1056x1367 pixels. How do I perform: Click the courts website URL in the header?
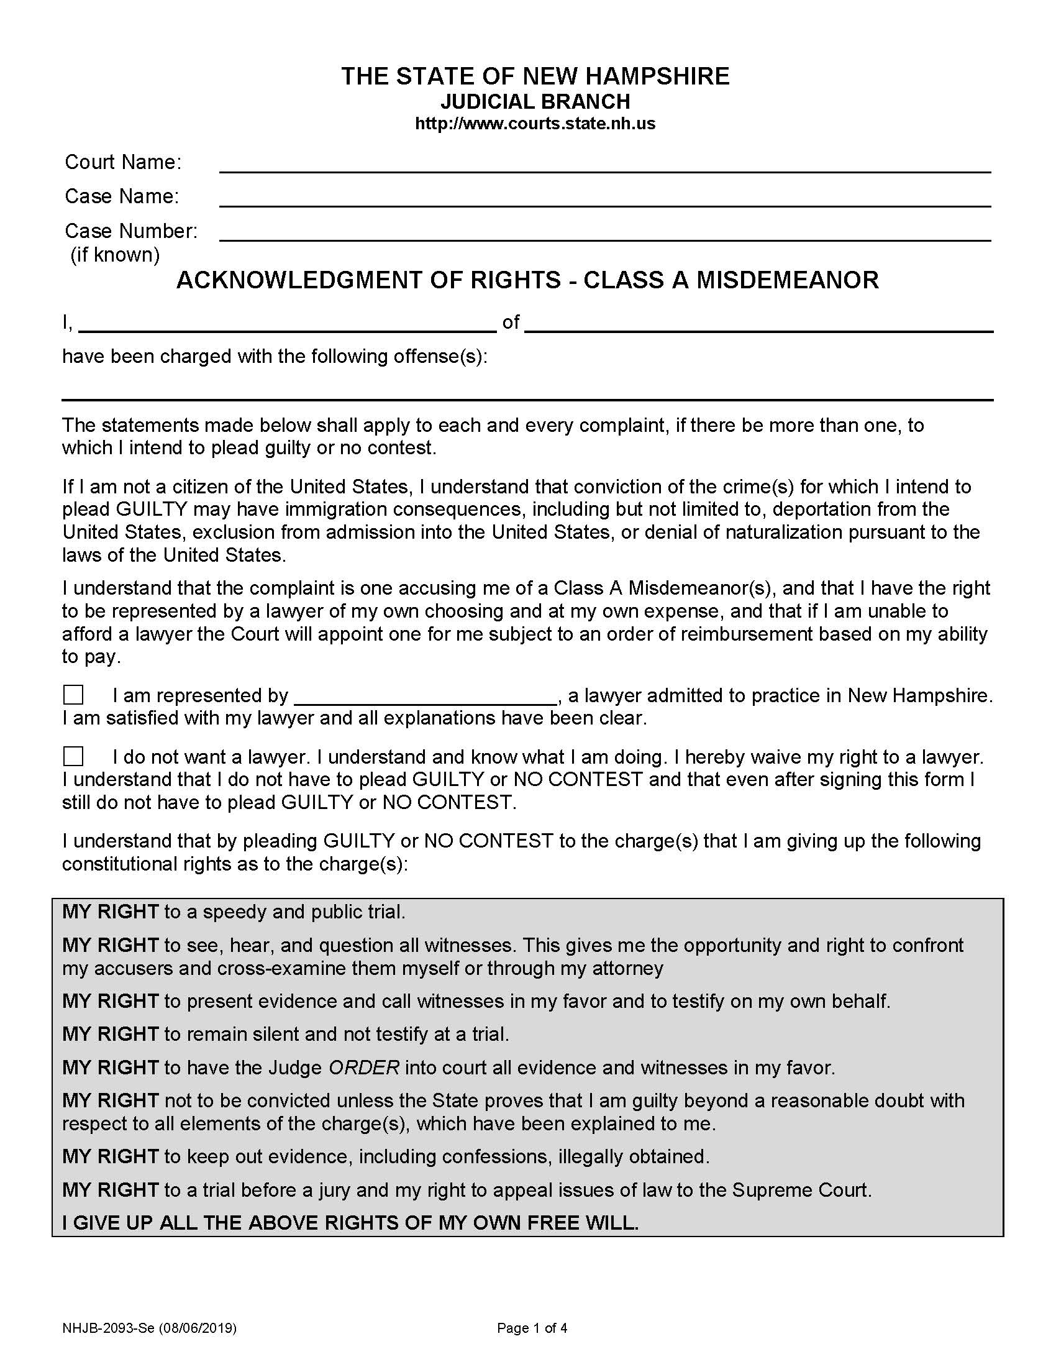coord(535,123)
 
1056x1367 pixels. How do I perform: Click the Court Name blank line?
coord(604,165)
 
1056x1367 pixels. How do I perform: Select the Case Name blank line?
coord(604,199)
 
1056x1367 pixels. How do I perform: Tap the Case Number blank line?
coord(604,234)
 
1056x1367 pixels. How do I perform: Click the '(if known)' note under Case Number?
coord(115,255)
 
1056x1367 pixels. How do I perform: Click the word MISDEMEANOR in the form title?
coord(788,280)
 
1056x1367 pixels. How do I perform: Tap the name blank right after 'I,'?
coord(287,324)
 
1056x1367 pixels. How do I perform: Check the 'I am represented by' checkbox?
coord(73,695)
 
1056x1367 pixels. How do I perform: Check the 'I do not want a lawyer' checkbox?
coord(73,756)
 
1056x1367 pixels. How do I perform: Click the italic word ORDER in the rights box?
coord(363,1067)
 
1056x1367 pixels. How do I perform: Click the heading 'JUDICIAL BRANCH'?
coord(535,101)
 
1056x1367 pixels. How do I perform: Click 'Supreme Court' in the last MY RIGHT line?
coord(800,1190)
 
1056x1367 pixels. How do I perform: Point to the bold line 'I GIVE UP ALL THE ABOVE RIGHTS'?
coord(350,1223)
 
